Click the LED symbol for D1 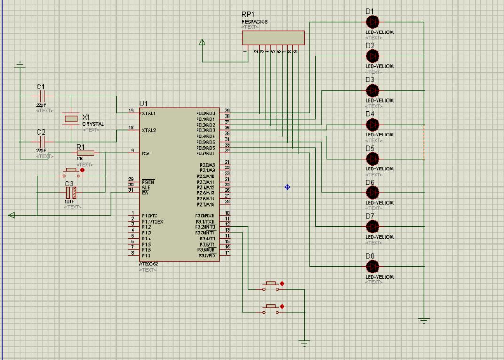click(372, 22)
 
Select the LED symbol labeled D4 click(372, 124)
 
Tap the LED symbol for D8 click(372, 267)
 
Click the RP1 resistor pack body click(273, 37)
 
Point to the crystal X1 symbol click(71, 119)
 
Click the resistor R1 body click(86, 152)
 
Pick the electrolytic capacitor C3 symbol click(71, 192)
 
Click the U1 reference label click(143, 104)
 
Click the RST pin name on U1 click(146, 153)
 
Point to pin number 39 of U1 click(227, 111)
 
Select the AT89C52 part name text click(149, 264)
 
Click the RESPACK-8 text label click(254, 22)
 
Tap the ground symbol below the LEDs click(424, 320)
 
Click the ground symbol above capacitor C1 click(19, 64)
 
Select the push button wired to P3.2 click(271, 286)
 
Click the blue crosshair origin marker click(287, 187)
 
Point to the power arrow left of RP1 click(202, 42)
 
